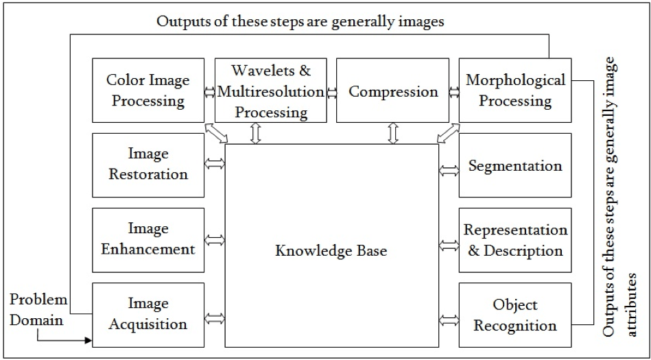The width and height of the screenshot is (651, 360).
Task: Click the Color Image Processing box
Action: (148, 91)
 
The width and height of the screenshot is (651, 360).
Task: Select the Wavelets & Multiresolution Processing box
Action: (270, 91)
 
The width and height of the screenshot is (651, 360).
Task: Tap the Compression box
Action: (393, 91)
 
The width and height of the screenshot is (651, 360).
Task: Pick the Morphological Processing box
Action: (515, 91)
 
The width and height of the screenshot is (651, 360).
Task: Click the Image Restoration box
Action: (148, 165)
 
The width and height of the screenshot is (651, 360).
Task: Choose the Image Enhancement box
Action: (148, 239)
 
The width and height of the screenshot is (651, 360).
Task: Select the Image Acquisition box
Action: (148, 314)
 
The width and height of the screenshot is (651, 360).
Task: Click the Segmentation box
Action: (515, 165)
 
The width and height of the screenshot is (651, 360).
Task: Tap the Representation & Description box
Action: (515, 240)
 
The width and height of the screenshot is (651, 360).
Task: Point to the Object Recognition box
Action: (515, 314)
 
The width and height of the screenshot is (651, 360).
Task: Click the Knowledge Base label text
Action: (331, 251)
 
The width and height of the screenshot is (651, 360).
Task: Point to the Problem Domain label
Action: (38, 310)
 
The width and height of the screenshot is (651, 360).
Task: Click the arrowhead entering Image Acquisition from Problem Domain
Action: (87, 339)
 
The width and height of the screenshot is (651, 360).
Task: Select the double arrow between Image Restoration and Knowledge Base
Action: (215, 165)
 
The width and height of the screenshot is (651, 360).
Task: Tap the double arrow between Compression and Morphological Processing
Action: (453, 91)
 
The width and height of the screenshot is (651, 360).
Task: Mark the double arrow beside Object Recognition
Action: (449, 319)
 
